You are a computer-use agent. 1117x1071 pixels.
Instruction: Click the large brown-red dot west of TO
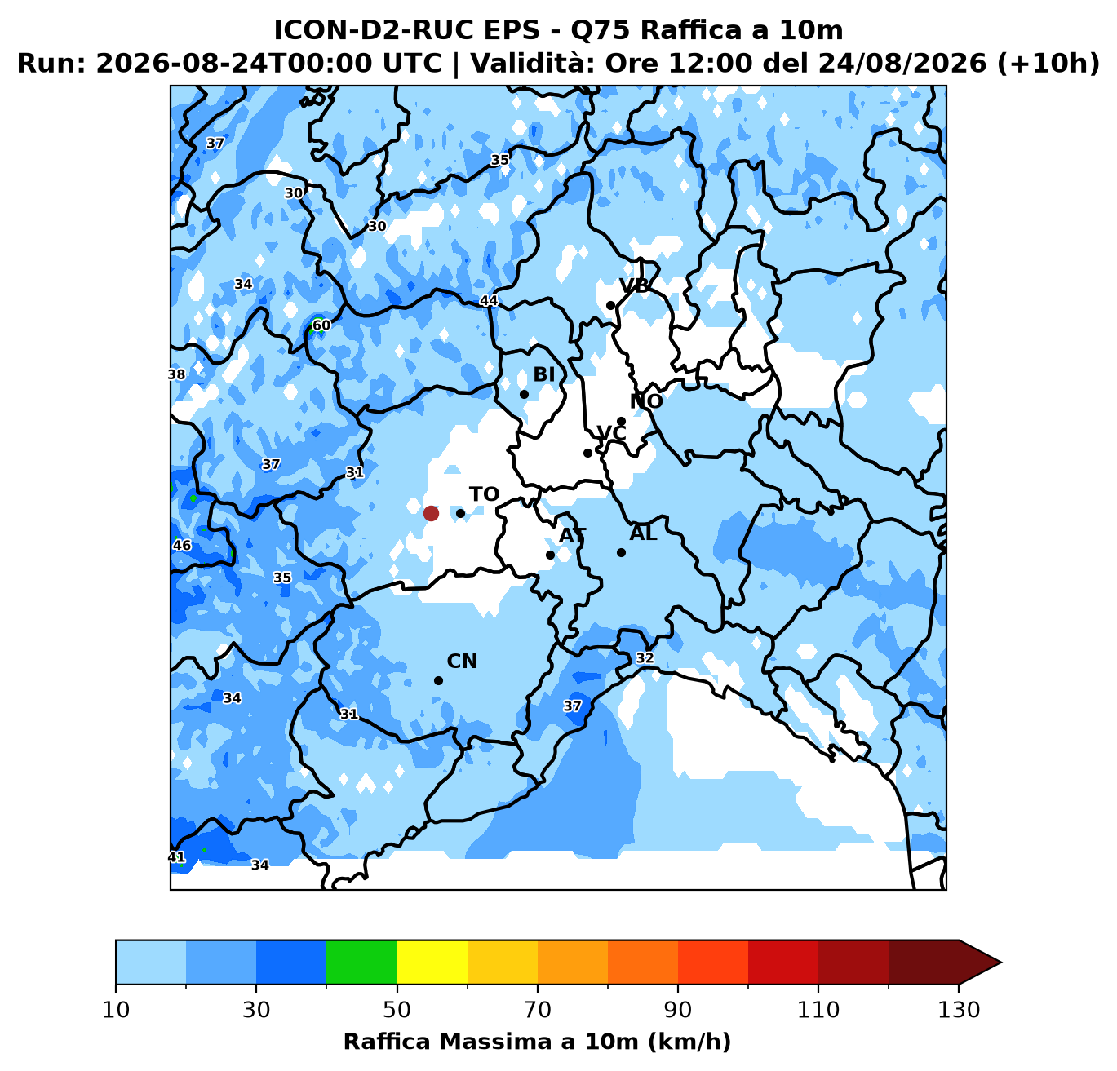click(x=431, y=513)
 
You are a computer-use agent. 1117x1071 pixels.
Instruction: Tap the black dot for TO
click(x=460, y=513)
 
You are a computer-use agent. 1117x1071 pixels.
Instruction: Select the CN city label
click(x=462, y=662)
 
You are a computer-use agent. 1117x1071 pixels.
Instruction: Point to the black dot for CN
click(x=438, y=681)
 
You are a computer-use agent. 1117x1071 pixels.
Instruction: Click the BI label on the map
click(x=544, y=374)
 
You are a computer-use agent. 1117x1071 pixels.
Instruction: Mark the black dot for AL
click(x=621, y=553)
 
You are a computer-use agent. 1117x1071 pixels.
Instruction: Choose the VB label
click(x=634, y=285)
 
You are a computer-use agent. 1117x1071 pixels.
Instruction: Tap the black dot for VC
click(x=587, y=453)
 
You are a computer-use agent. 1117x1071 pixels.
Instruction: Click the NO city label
click(x=646, y=401)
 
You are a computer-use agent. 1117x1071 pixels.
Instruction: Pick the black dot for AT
click(x=550, y=555)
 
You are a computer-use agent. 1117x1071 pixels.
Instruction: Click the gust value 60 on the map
click(x=321, y=325)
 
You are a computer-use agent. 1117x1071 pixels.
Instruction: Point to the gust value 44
click(x=489, y=301)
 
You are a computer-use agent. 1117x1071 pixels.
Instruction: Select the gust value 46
click(x=182, y=545)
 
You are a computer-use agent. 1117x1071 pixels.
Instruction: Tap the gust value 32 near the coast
click(x=645, y=657)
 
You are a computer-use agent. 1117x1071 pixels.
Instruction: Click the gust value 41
click(x=176, y=857)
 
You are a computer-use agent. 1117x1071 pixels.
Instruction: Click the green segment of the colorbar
click(x=361, y=963)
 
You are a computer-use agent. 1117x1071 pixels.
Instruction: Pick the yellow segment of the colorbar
click(x=432, y=963)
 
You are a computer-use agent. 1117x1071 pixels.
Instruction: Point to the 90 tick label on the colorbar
click(x=678, y=1010)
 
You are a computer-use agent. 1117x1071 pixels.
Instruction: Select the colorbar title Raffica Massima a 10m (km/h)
click(x=537, y=1042)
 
